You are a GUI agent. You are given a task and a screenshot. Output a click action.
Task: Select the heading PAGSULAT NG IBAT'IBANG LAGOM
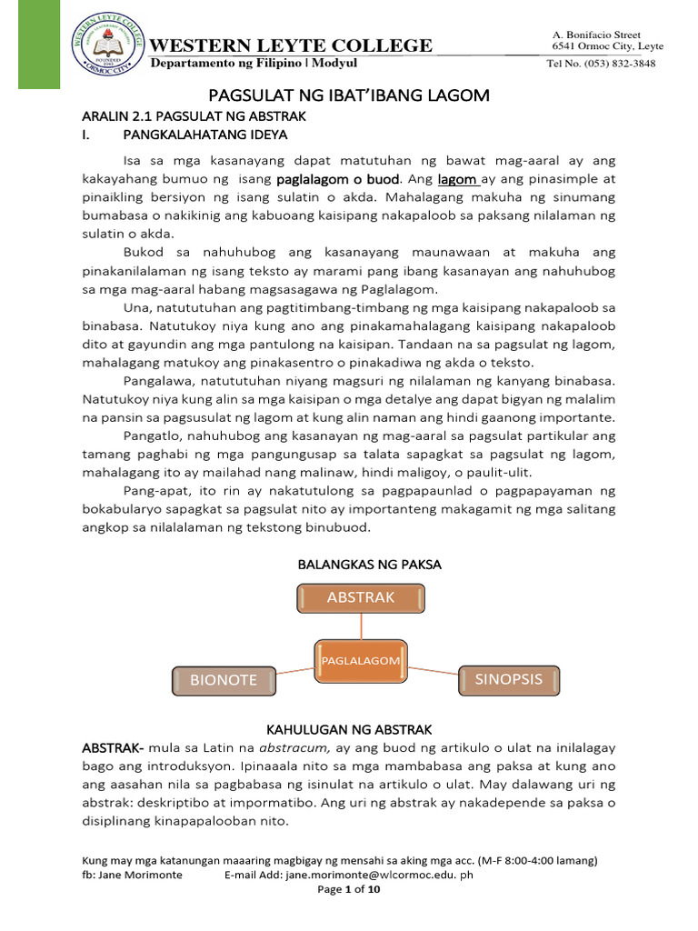(350, 95)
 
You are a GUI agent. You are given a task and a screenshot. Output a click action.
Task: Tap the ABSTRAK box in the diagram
(361, 597)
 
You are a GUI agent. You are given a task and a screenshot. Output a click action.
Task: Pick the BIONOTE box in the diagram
(223, 679)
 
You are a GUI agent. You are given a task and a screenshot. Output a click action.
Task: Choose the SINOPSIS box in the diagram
(507, 678)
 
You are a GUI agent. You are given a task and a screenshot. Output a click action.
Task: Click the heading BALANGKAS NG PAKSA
(369, 565)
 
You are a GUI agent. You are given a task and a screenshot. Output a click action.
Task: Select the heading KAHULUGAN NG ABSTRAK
(348, 729)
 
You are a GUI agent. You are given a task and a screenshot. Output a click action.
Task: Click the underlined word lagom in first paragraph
(458, 180)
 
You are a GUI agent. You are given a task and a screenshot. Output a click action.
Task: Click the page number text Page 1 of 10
(349, 890)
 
